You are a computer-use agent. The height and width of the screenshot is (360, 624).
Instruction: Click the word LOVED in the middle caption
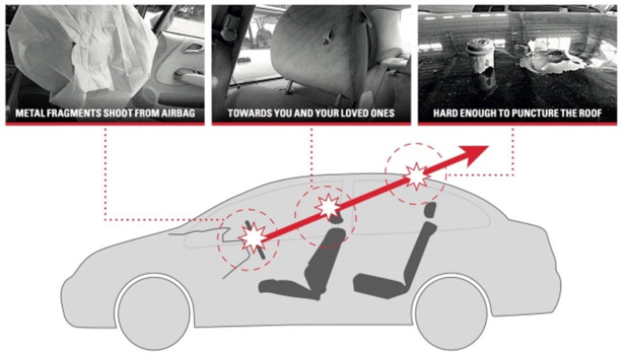pos(349,114)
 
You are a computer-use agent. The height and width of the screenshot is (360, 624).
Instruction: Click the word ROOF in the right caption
pos(588,114)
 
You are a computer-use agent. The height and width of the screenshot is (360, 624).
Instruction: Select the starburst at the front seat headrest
pos(328,207)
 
